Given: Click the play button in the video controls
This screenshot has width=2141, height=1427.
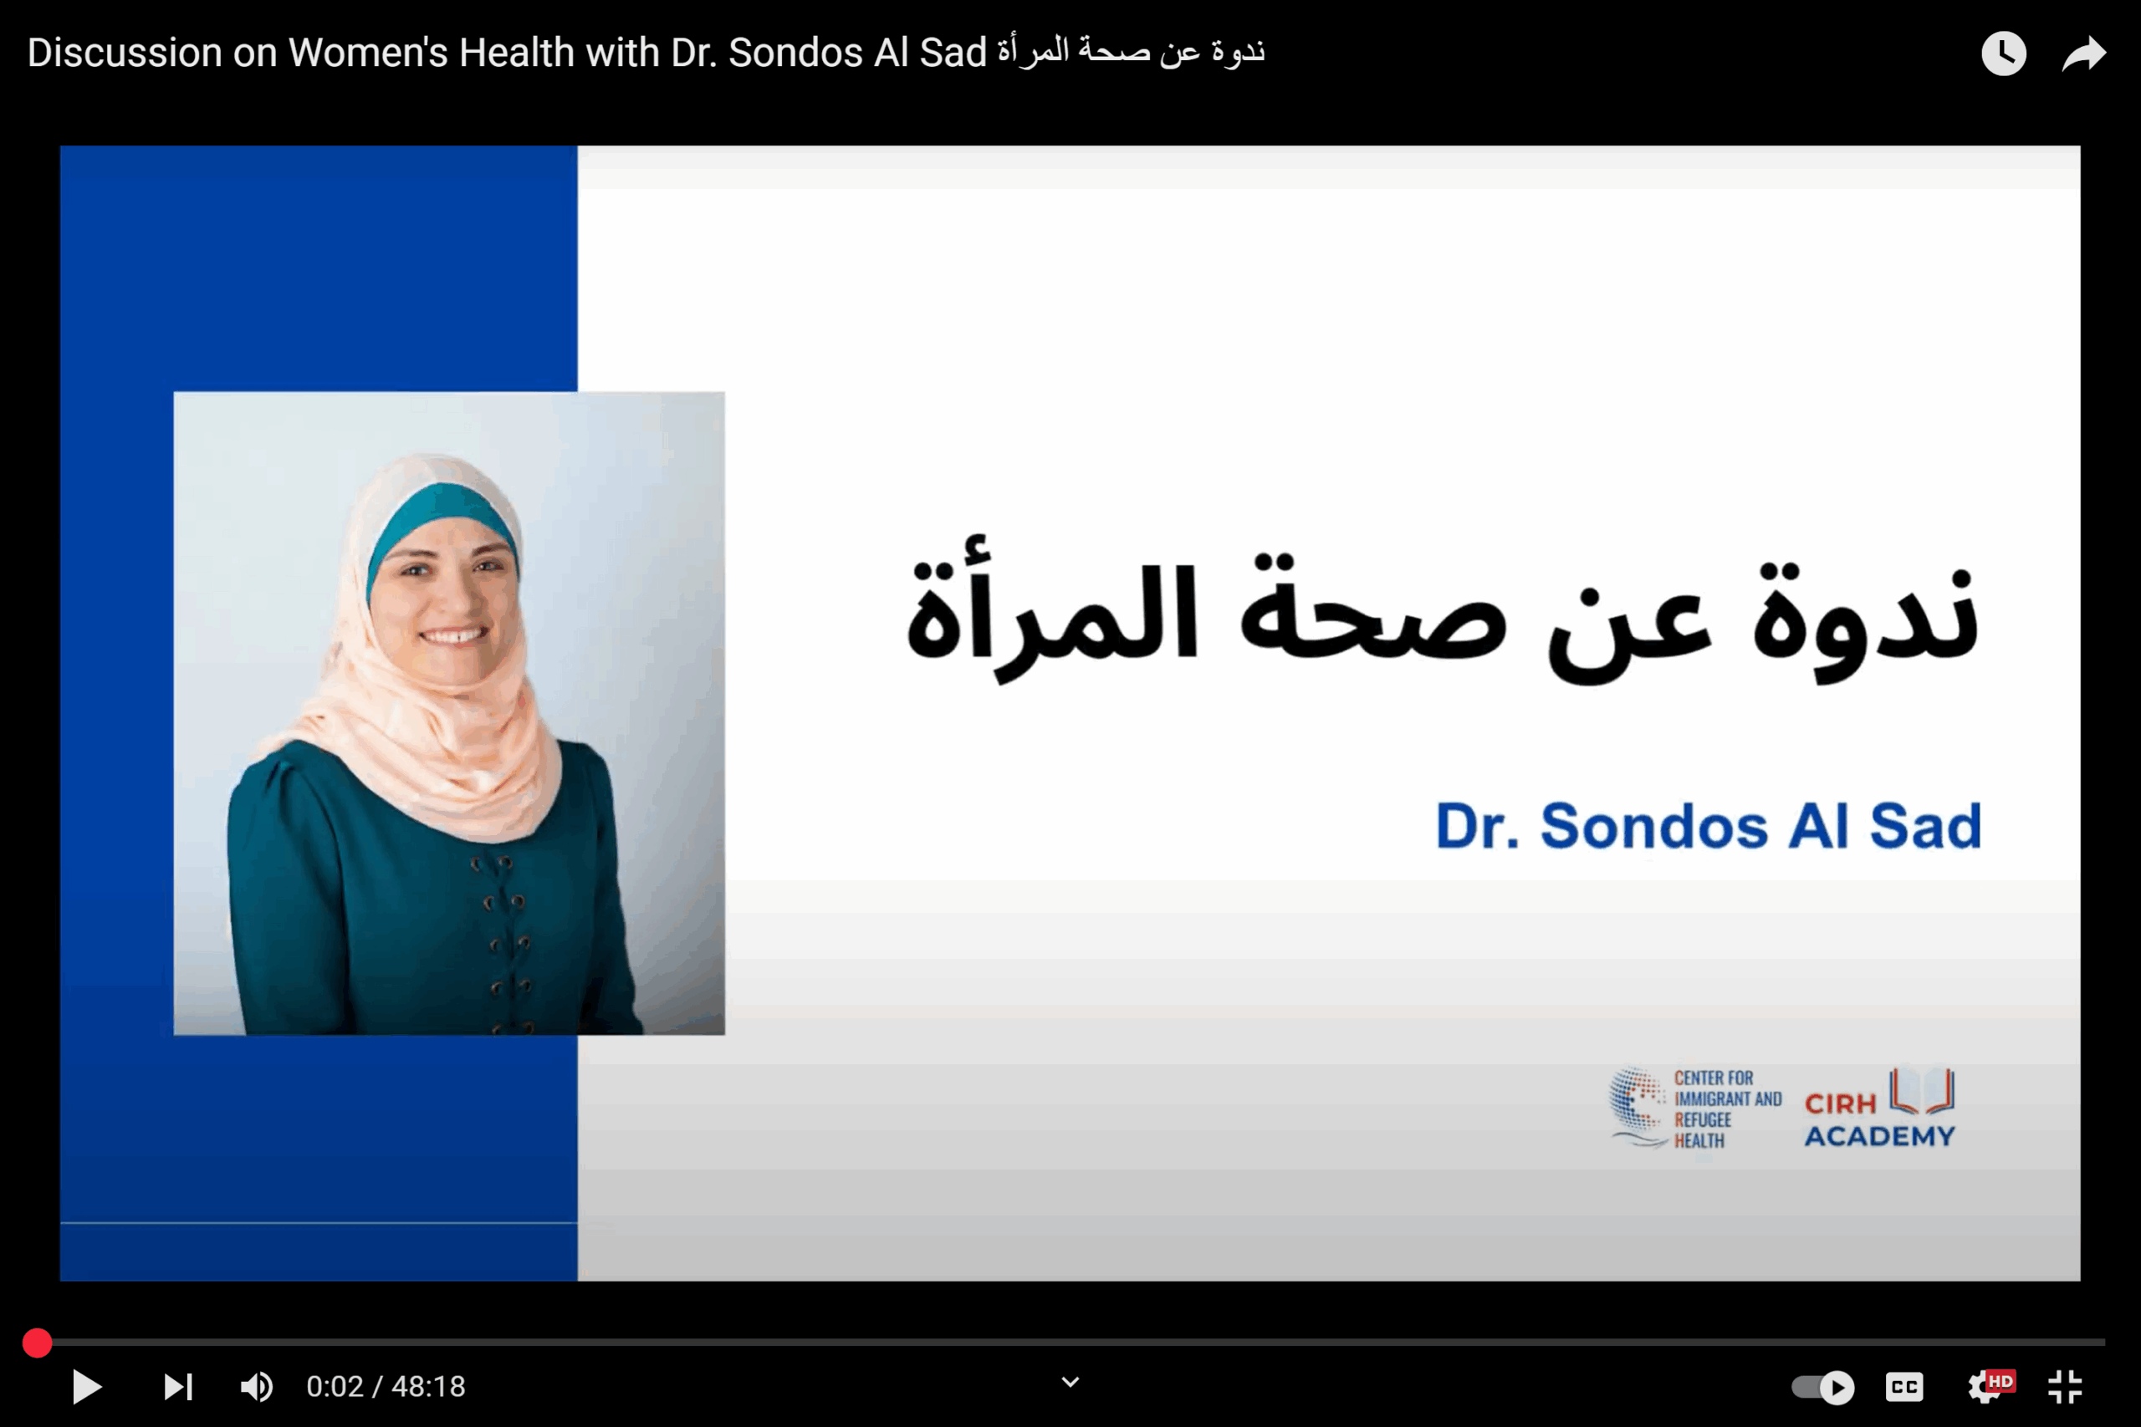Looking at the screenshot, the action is [86, 1386].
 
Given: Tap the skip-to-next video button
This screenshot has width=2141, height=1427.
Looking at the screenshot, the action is [178, 1387].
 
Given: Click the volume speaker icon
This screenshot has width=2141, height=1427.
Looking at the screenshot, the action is [257, 1387].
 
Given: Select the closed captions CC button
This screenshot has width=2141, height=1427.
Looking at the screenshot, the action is [1904, 1387].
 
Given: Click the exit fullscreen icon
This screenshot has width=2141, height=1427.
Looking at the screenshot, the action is [2065, 1387].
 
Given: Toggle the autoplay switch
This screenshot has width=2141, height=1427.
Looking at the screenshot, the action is [1822, 1387].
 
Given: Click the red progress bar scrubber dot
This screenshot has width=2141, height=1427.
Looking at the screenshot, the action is [38, 1343].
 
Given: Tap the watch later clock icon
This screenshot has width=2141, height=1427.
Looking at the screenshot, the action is [2004, 53].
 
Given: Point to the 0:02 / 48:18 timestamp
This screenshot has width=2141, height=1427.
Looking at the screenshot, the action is [386, 1386].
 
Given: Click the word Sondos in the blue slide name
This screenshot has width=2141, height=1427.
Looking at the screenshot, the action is [1654, 826].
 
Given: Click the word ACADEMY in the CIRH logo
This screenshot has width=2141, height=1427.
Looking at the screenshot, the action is [1880, 1136].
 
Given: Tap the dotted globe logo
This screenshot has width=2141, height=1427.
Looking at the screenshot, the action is [1638, 1106].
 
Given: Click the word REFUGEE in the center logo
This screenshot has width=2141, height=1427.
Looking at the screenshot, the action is [1703, 1120].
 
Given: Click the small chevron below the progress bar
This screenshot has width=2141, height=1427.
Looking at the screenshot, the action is [1070, 1383].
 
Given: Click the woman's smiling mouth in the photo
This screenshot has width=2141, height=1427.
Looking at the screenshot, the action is [452, 635].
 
